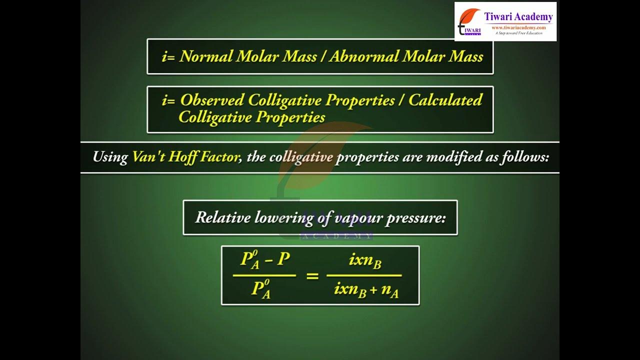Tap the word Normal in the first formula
click(x=205, y=56)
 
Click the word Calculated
click(x=445, y=100)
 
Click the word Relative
click(x=223, y=217)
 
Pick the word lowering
click(x=284, y=218)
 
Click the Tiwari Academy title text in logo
click(x=518, y=17)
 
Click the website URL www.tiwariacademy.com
click(x=518, y=27)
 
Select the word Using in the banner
click(x=110, y=157)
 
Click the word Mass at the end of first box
click(x=465, y=56)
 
